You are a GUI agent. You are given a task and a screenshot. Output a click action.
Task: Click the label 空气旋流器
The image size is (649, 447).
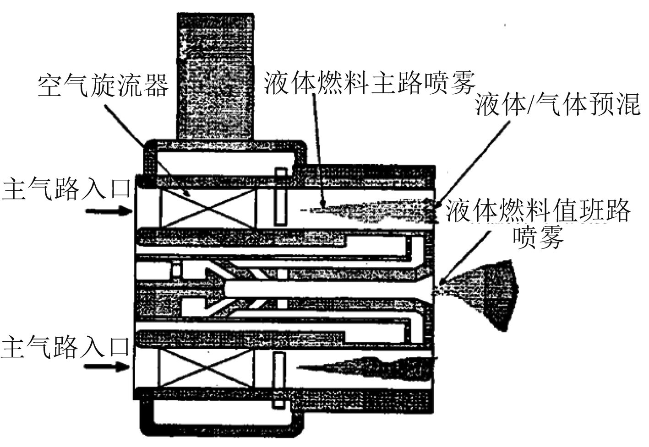pos(103,86)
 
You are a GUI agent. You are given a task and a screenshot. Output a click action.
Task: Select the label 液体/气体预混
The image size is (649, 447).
pos(557,106)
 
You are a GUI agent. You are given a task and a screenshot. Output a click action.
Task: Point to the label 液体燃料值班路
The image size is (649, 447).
pos(539,211)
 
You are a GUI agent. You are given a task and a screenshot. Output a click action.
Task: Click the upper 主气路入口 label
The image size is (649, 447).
pos(67,189)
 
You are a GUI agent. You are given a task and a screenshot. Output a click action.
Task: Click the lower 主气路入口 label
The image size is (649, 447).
pos(67,346)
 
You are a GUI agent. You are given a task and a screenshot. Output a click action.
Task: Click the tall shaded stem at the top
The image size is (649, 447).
pos(215,75)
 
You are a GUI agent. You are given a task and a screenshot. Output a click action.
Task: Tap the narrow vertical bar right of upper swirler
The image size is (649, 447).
pos(280,197)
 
